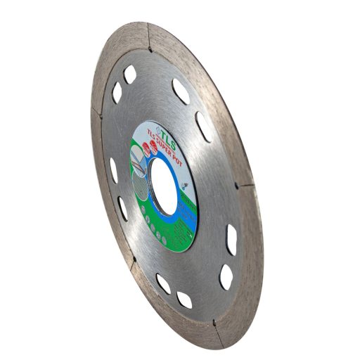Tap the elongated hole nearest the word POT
[x=204, y=127]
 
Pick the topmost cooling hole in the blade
[x=130, y=73]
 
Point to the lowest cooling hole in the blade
[x=184, y=300]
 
